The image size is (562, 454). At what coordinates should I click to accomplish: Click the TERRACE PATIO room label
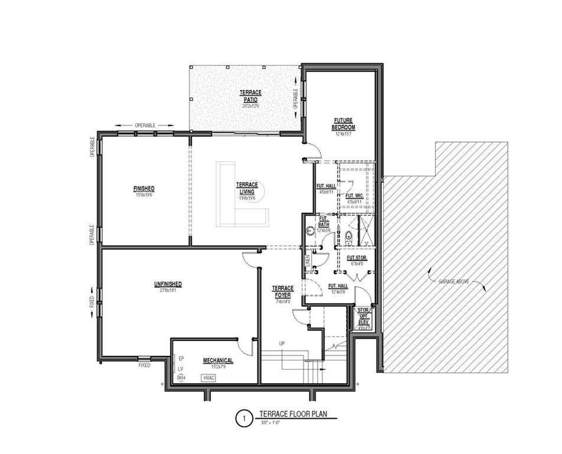click(250, 96)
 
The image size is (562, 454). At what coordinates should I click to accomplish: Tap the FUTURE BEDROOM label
click(343, 124)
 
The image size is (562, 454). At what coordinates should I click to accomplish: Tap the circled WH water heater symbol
click(181, 378)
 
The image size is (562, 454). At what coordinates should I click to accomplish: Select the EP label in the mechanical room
click(181, 358)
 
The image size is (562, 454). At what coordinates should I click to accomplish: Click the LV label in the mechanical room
click(181, 368)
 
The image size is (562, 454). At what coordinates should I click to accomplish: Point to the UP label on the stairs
click(283, 343)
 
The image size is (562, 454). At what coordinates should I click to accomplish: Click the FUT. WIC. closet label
click(354, 196)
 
